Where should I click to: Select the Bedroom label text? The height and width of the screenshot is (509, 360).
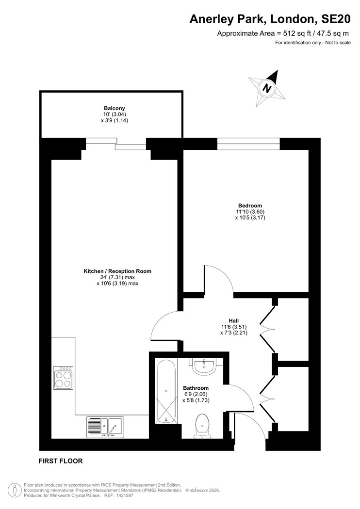(x=250, y=205)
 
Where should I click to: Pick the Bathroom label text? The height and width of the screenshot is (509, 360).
(x=196, y=388)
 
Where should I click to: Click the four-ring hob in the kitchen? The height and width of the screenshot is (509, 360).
(x=64, y=378)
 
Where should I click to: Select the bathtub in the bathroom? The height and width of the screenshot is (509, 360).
(x=166, y=391)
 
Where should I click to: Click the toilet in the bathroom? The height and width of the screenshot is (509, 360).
(x=201, y=426)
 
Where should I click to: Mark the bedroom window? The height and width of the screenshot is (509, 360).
(x=248, y=143)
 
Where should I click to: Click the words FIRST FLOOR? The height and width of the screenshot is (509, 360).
(x=61, y=461)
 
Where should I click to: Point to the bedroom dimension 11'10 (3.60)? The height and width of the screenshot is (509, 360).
(x=250, y=211)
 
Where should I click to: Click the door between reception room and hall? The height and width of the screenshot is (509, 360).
(x=165, y=326)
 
